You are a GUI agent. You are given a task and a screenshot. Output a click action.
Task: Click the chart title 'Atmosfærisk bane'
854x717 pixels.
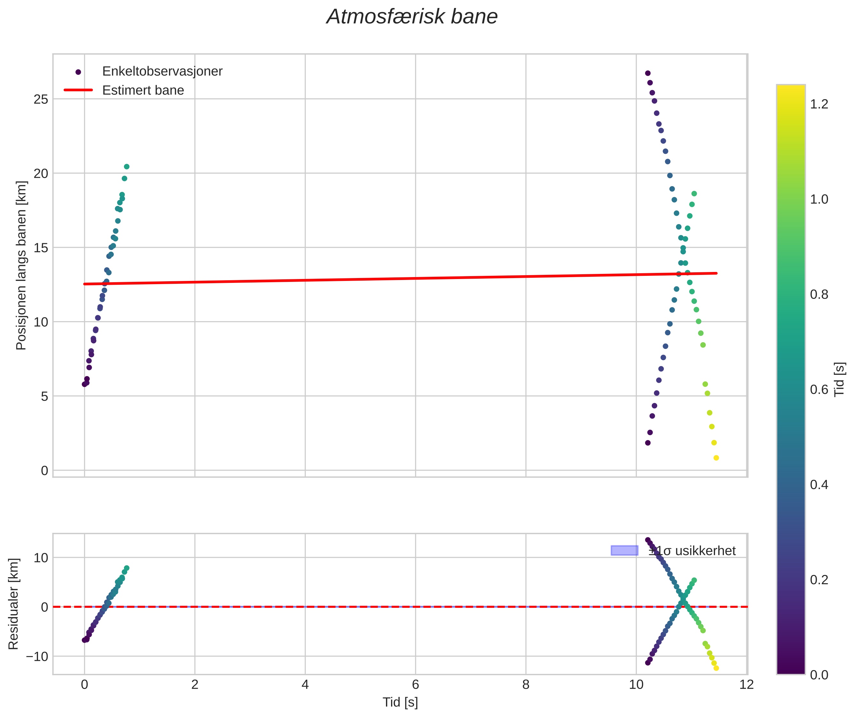click(412, 17)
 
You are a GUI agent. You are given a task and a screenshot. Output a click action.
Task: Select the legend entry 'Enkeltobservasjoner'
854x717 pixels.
click(162, 72)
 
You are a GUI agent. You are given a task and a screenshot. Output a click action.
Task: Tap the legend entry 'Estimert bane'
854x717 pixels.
click(143, 90)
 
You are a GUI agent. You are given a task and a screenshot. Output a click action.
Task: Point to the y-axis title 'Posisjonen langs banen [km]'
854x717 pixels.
click(21, 265)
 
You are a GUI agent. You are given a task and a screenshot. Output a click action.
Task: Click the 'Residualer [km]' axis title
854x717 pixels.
click(13, 604)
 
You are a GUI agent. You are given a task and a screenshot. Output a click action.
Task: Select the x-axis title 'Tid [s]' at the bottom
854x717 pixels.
click(400, 702)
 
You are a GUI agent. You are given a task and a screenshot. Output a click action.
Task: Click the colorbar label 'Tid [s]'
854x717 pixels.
click(839, 379)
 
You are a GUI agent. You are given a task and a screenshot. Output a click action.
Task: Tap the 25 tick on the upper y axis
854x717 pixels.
click(41, 99)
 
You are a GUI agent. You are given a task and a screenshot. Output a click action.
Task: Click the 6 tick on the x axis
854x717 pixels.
click(415, 684)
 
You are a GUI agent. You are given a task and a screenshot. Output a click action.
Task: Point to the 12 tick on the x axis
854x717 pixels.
click(747, 684)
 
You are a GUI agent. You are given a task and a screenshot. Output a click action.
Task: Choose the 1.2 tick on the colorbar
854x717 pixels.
click(819, 104)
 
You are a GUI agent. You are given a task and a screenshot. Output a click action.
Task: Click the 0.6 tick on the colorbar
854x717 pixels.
click(819, 390)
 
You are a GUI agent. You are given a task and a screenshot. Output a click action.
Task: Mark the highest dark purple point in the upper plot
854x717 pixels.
click(648, 73)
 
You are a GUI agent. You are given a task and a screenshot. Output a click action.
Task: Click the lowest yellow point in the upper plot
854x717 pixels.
click(716, 458)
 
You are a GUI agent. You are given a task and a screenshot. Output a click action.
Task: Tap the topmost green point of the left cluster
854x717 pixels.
click(127, 167)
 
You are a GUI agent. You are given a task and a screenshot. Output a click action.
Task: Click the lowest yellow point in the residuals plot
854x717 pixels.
click(716, 668)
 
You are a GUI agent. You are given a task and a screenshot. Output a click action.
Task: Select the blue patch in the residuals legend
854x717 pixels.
click(624, 551)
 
